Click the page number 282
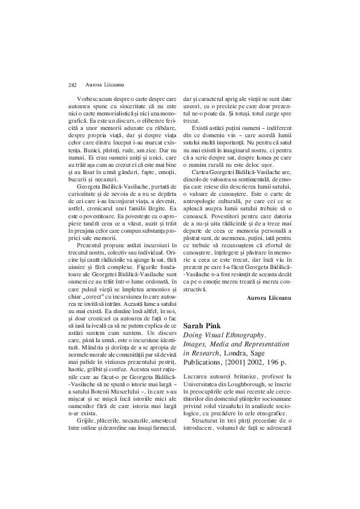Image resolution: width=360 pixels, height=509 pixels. click(72, 85)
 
